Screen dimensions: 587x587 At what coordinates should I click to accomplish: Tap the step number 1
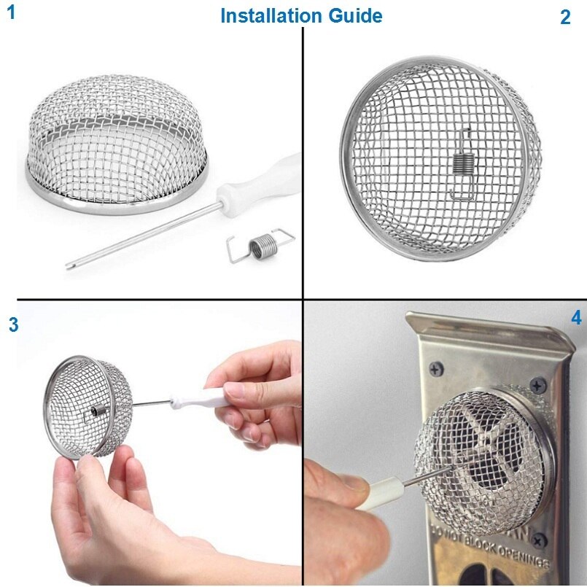(11, 12)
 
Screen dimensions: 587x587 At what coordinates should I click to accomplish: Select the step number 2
(565, 18)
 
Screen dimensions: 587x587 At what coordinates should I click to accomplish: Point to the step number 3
(13, 325)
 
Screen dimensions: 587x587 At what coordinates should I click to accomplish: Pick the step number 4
(576, 318)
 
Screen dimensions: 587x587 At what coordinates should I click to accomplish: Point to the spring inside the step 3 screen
(98, 413)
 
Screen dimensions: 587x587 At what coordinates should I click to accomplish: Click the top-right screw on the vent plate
(537, 384)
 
